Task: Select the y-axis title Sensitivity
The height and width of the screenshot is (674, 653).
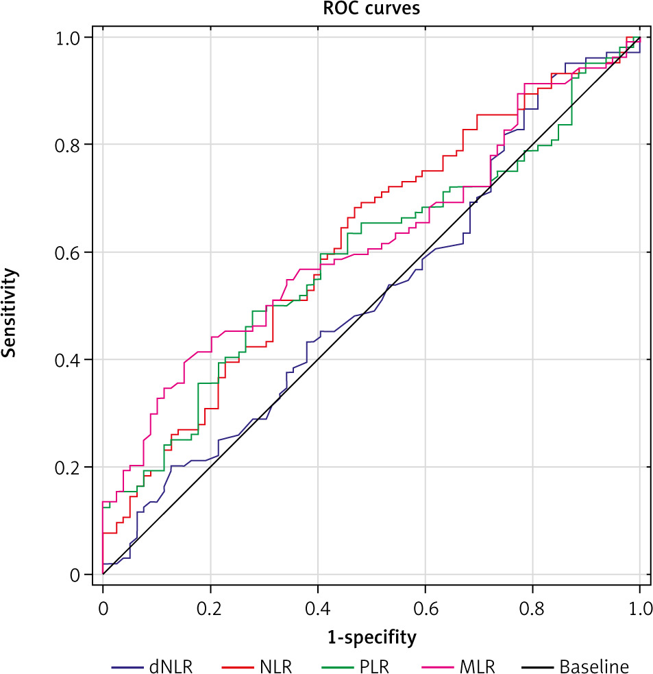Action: (10, 313)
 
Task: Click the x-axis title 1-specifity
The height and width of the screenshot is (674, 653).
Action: (371, 638)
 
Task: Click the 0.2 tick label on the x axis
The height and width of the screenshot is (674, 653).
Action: (210, 607)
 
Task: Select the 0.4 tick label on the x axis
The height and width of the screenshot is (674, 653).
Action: (317, 607)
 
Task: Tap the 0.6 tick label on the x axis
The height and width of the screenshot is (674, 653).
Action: (425, 607)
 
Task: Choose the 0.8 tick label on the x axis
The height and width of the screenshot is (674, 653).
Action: (532, 607)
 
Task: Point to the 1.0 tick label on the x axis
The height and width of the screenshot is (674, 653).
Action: (639, 607)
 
